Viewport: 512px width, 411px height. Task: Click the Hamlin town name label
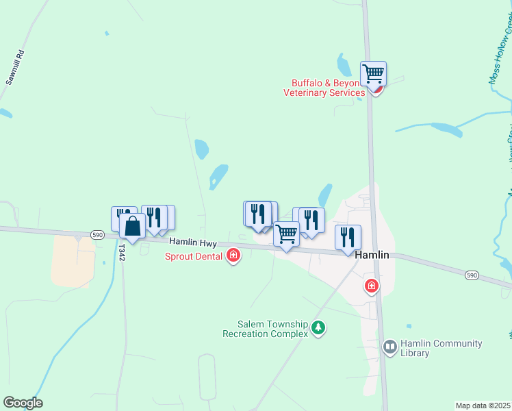[x=372, y=255]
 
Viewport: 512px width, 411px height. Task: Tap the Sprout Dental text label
[x=193, y=256]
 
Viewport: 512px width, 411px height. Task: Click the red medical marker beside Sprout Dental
[x=233, y=256]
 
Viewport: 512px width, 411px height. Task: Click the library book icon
[x=390, y=347]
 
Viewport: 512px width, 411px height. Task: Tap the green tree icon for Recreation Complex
[x=318, y=328]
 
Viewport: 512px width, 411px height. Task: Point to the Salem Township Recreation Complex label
[x=264, y=329]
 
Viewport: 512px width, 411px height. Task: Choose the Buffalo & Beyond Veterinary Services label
[x=324, y=88]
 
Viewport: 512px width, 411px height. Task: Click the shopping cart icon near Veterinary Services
[x=373, y=73]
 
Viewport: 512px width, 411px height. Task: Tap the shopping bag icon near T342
[x=132, y=225]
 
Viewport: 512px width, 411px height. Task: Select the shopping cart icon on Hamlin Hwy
[x=286, y=234]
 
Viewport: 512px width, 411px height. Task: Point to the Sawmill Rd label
[x=16, y=67]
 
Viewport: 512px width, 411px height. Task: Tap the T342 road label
[x=122, y=253]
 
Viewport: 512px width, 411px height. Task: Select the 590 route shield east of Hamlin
[x=471, y=275]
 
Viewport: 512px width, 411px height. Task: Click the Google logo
[x=23, y=403]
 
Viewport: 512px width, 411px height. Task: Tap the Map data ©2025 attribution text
[x=483, y=406]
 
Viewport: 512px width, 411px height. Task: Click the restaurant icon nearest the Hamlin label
[x=348, y=237]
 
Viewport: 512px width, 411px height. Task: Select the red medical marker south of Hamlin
[x=372, y=286]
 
